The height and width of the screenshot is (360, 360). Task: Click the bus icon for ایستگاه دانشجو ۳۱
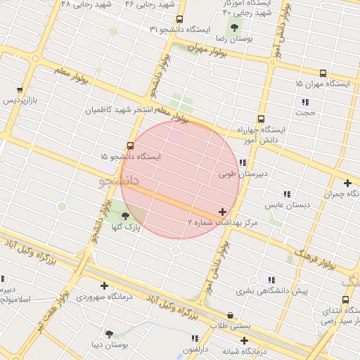tap(180, 20)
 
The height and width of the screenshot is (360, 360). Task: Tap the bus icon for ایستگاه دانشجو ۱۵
tap(129, 146)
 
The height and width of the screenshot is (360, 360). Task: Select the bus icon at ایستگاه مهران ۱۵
tap(323, 73)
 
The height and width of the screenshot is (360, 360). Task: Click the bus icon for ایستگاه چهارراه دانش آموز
tap(261, 119)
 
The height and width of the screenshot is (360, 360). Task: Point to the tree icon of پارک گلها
tap(125, 216)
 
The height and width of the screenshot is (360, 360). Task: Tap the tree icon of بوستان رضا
tap(234, 27)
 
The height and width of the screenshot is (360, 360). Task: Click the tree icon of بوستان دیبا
tap(109, 333)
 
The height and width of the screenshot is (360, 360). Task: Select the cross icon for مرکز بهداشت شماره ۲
tap(223, 211)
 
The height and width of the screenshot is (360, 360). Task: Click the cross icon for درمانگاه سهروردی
tap(105, 285)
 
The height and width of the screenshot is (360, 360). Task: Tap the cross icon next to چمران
tap(347, 184)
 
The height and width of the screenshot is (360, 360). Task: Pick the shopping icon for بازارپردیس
tap(20, 90)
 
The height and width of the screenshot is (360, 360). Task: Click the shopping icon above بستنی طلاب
tap(231, 315)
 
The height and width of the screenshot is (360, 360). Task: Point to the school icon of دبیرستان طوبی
tap(243, 162)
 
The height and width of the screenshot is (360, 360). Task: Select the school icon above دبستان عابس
tap(287, 194)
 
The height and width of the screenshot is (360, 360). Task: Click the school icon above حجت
tap(305, 101)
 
